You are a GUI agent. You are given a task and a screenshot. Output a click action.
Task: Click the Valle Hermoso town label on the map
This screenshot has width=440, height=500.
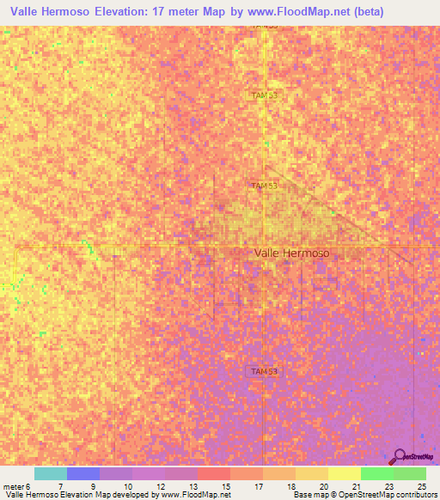(x=291, y=253)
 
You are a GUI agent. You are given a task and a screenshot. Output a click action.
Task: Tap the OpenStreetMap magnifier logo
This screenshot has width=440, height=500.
(x=400, y=456)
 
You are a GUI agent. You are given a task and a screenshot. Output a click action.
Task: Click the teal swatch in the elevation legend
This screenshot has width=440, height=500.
(x=51, y=473)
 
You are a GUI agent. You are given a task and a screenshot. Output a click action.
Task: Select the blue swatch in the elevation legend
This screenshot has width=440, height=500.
(x=83, y=473)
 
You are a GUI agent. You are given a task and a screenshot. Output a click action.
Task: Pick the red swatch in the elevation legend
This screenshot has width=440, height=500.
(x=214, y=473)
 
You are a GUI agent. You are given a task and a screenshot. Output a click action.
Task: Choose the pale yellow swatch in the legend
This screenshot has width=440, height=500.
(x=344, y=473)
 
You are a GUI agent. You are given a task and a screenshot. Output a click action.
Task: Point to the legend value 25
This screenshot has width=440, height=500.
(x=421, y=486)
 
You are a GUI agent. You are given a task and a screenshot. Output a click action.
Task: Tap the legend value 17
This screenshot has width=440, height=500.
(x=258, y=486)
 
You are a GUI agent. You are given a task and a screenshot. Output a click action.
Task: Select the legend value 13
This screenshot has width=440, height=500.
(x=192, y=486)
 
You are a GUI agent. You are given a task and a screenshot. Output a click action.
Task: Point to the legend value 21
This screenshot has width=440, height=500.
(x=355, y=486)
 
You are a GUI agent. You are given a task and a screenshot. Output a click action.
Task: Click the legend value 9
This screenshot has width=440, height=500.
(x=94, y=486)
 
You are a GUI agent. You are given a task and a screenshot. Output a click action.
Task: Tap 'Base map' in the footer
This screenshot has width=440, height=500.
(x=309, y=495)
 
